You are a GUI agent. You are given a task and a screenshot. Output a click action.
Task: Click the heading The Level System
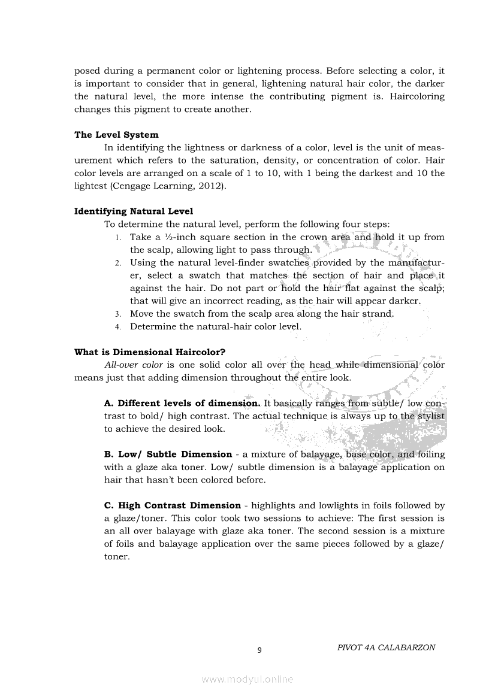point(116,135)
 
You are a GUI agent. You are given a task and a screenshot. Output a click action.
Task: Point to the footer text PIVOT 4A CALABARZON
point(386,647)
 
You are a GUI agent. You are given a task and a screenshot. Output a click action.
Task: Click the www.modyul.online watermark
point(248,679)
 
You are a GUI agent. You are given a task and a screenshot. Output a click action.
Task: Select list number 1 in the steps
point(118,238)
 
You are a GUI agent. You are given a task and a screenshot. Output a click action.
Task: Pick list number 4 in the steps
point(118,327)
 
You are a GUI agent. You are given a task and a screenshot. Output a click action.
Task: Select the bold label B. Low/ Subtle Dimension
point(168,454)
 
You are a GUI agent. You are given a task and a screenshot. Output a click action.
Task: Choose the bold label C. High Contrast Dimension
point(172,505)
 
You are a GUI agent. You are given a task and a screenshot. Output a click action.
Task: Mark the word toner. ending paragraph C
point(117,556)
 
